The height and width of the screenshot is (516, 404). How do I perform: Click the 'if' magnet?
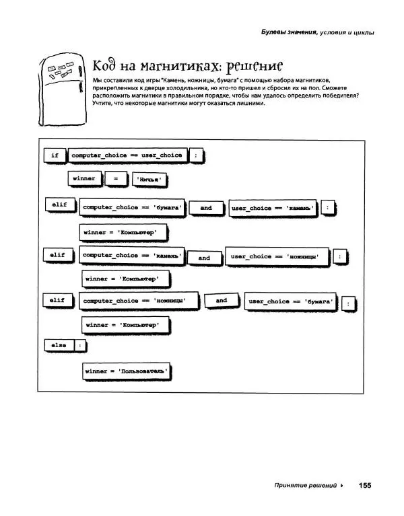coord(55,155)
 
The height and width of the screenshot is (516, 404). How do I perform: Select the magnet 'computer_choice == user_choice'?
coord(127,155)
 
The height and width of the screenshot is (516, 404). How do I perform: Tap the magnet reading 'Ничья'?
coord(151,180)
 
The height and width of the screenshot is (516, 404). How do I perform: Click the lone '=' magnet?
coord(116,179)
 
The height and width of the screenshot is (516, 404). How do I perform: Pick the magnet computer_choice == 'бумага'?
coord(132,208)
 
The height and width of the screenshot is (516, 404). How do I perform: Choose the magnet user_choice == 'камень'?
coord(272,209)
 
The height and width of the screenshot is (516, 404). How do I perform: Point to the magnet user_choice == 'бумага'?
coord(291,301)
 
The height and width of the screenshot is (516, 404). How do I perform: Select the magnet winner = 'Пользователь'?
coord(125,371)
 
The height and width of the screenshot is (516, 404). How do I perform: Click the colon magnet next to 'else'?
coord(80,345)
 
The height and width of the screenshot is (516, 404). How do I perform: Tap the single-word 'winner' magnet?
coord(84,179)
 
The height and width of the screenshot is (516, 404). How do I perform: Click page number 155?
coord(365,485)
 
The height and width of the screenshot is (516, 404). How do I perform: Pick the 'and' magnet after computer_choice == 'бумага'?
coord(205,208)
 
